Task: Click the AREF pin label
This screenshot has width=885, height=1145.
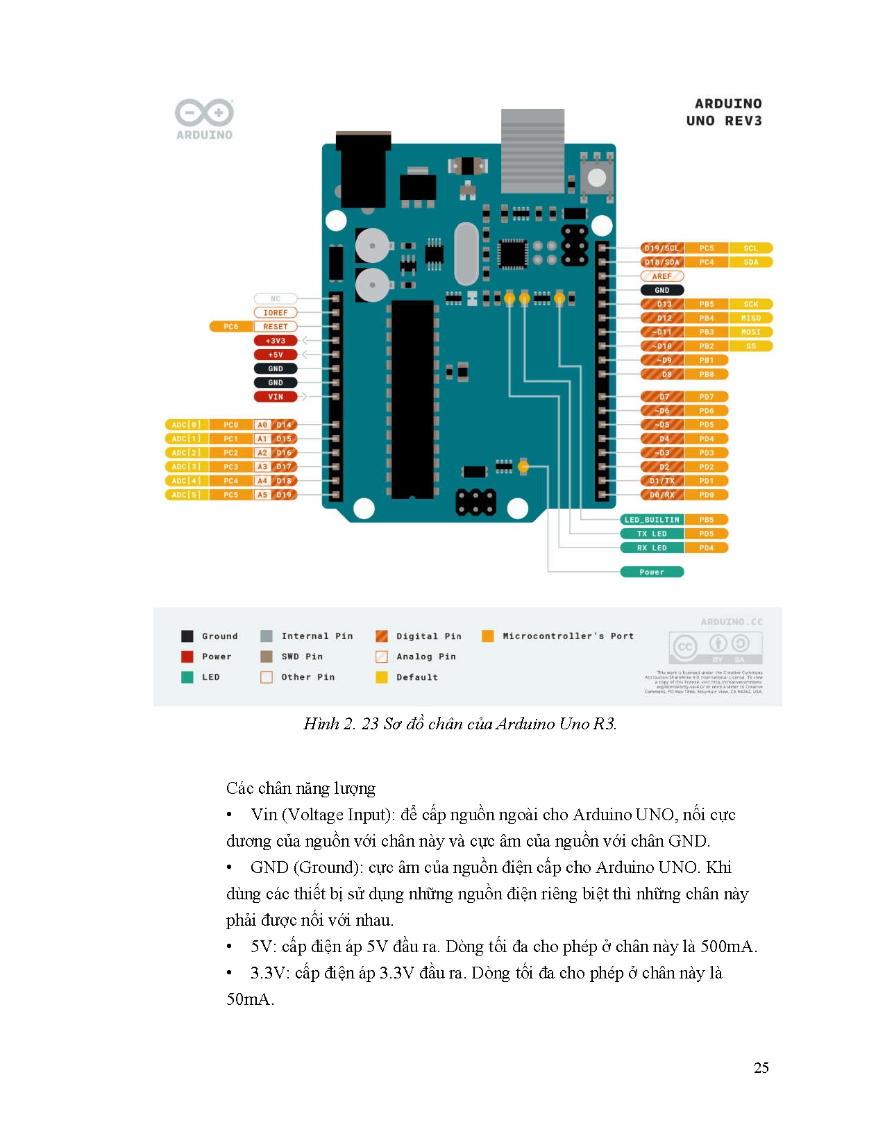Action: pyautogui.click(x=661, y=276)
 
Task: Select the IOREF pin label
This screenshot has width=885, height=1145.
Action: pyautogui.click(x=275, y=313)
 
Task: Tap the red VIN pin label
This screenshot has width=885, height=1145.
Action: pyautogui.click(x=276, y=397)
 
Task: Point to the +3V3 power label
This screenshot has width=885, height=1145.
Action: pyautogui.click(x=276, y=341)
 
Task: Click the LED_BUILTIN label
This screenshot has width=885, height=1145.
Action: pyautogui.click(x=651, y=520)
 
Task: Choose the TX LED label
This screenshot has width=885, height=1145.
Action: pyautogui.click(x=651, y=534)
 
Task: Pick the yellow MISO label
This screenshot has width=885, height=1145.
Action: pyautogui.click(x=750, y=318)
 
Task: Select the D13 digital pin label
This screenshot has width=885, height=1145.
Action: pyautogui.click(x=663, y=304)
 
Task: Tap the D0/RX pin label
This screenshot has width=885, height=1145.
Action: pyautogui.click(x=661, y=495)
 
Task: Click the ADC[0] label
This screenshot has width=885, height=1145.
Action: pyautogui.click(x=186, y=425)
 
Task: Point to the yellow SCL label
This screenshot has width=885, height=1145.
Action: pyautogui.click(x=750, y=248)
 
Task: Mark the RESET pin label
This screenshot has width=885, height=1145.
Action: pyautogui.click(x=275, y=327)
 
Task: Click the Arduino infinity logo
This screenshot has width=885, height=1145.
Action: pyautogui.click(x=204, y=113)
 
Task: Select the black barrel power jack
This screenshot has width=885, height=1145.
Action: pyautogui.click(x=361, y=170)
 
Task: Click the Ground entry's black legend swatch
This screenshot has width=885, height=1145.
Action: pyautogui.click(x=187, y=636)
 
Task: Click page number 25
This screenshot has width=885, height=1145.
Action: pyautogui.click(x=761, y=1068)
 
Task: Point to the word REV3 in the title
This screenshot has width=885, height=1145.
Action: pyautogui.click(x=743, y=121)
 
